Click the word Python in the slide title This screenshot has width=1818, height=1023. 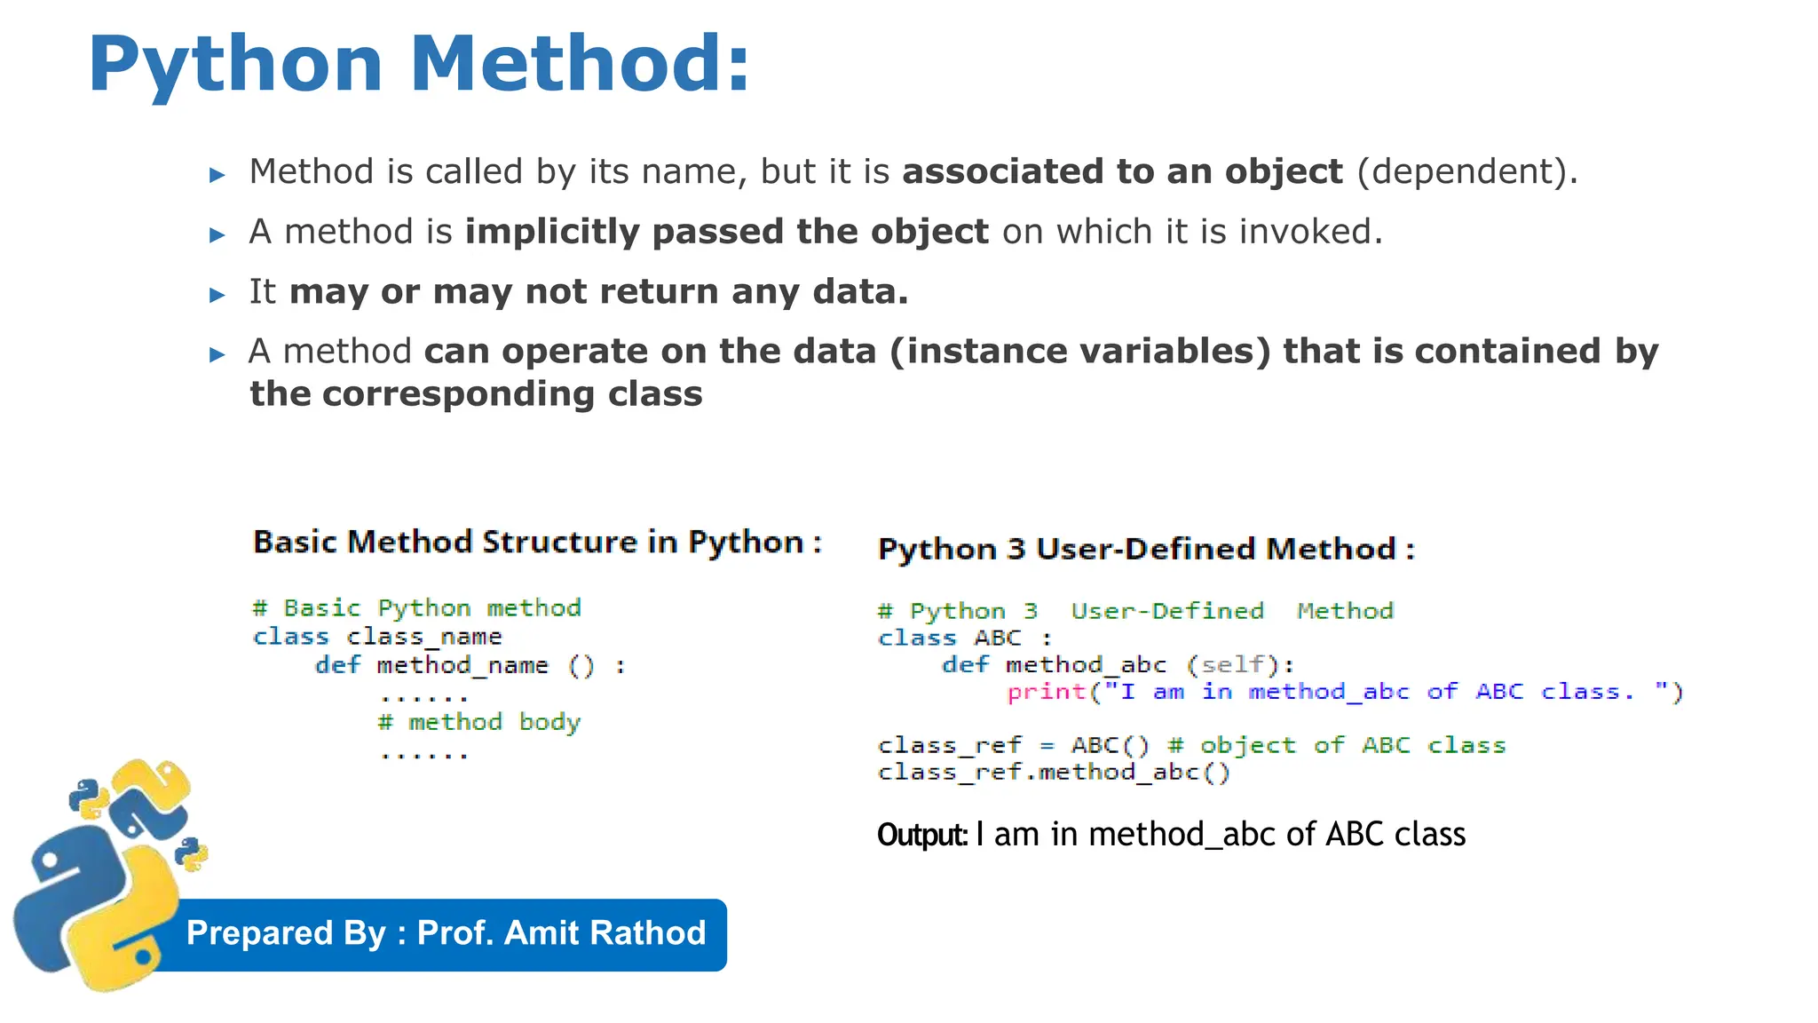(x=235, y=66)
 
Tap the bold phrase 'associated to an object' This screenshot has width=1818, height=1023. (x=1122, y=171)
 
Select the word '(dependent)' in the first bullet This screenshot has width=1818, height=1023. (x=1466, y=171)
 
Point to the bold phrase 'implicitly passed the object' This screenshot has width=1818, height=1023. (x=726, y=232)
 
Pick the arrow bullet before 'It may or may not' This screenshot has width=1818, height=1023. (x=217, y=295)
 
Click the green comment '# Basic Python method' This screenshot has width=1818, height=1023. (x=417, y=608)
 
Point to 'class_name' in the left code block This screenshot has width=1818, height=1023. (x=424, y=637)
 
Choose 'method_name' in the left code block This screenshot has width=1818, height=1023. (x=462, y=665)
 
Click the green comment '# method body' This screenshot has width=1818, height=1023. (x=479, y=722)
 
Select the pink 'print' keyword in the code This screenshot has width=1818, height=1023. (x=1047, y=692)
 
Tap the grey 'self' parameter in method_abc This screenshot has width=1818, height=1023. (x=1232, y=664)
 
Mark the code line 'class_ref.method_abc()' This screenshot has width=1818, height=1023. (x=1054, y=772)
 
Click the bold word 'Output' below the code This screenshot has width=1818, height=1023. (x=921, y=836)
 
